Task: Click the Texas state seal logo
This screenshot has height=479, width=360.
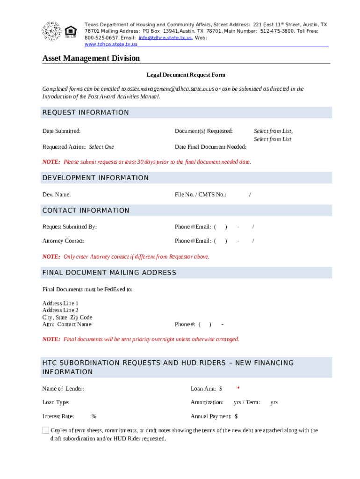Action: point(51,31)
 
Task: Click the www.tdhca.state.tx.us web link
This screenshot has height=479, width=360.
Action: point(111,44)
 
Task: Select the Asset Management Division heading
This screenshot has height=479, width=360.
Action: point(91,58)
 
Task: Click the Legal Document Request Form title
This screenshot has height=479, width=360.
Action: point(186,75)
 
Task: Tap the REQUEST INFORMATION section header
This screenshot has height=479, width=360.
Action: point(86,113)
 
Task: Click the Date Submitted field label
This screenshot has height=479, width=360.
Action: point(61,131)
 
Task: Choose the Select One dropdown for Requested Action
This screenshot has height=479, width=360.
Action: point(101,147)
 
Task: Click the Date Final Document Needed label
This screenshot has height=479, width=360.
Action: point(210,147)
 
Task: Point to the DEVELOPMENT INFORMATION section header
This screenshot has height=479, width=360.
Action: point(95,178)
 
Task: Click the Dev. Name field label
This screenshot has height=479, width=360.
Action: point(57,194)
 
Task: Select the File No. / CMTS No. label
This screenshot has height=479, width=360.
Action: point(200,194)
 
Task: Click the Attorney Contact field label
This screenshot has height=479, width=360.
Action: point(64,241)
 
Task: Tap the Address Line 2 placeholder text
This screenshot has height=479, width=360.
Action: point(60,310)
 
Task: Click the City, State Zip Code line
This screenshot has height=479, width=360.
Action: point(67,317)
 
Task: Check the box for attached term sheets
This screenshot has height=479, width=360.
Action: point(45,430)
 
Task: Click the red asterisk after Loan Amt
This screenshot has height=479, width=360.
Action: point(238,389)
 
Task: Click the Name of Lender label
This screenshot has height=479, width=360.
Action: point(63,389)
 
